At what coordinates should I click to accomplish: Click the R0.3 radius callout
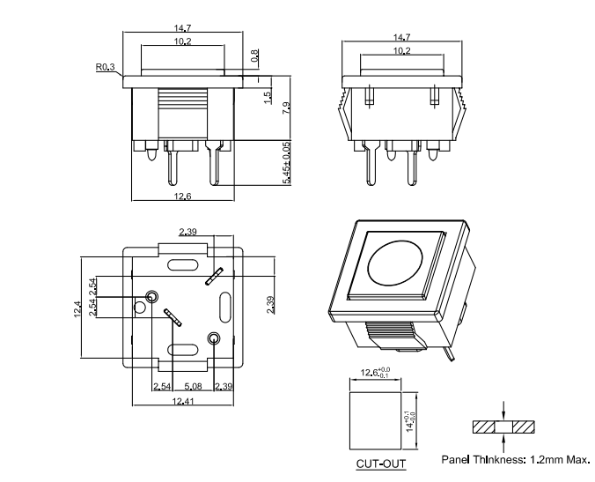(x=105, y=66)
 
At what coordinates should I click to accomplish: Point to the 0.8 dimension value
(x=255, y=56)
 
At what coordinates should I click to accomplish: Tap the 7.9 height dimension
(x=285, y=108)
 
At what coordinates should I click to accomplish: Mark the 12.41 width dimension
(x=183, y=402)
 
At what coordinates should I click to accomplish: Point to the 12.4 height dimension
(x=77, y=309)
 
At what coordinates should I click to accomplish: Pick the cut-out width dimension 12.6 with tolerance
(x=376, y=373)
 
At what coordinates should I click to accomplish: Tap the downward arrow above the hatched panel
(x=503, y=411)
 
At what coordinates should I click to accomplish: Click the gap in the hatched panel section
(x=503, y=427)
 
